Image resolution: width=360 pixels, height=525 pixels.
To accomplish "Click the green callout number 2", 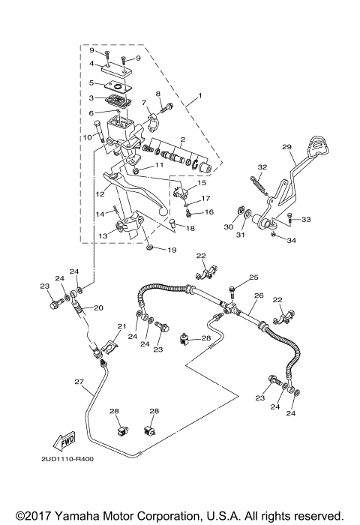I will click(x=181, y=139).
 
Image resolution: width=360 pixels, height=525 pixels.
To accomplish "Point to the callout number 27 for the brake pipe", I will click(x=79, y=382).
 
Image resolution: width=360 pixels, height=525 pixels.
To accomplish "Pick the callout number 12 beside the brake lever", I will click(x=100, y=193).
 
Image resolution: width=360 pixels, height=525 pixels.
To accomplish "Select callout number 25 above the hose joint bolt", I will click(x=253, y=277).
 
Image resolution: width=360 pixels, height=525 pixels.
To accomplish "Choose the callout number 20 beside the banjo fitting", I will click(x=98, y=307).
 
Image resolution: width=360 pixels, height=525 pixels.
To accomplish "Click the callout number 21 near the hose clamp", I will click(x=121, y=327).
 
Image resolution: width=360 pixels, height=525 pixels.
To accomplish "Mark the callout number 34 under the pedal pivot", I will click(x=292, y=241).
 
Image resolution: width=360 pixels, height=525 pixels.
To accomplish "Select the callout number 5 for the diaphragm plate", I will click(x=91, y=83).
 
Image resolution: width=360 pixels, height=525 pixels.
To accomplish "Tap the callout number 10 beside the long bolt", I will click(x=87, y=136).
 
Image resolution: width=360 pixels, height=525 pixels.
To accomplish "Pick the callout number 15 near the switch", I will click(x=202, y=183).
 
